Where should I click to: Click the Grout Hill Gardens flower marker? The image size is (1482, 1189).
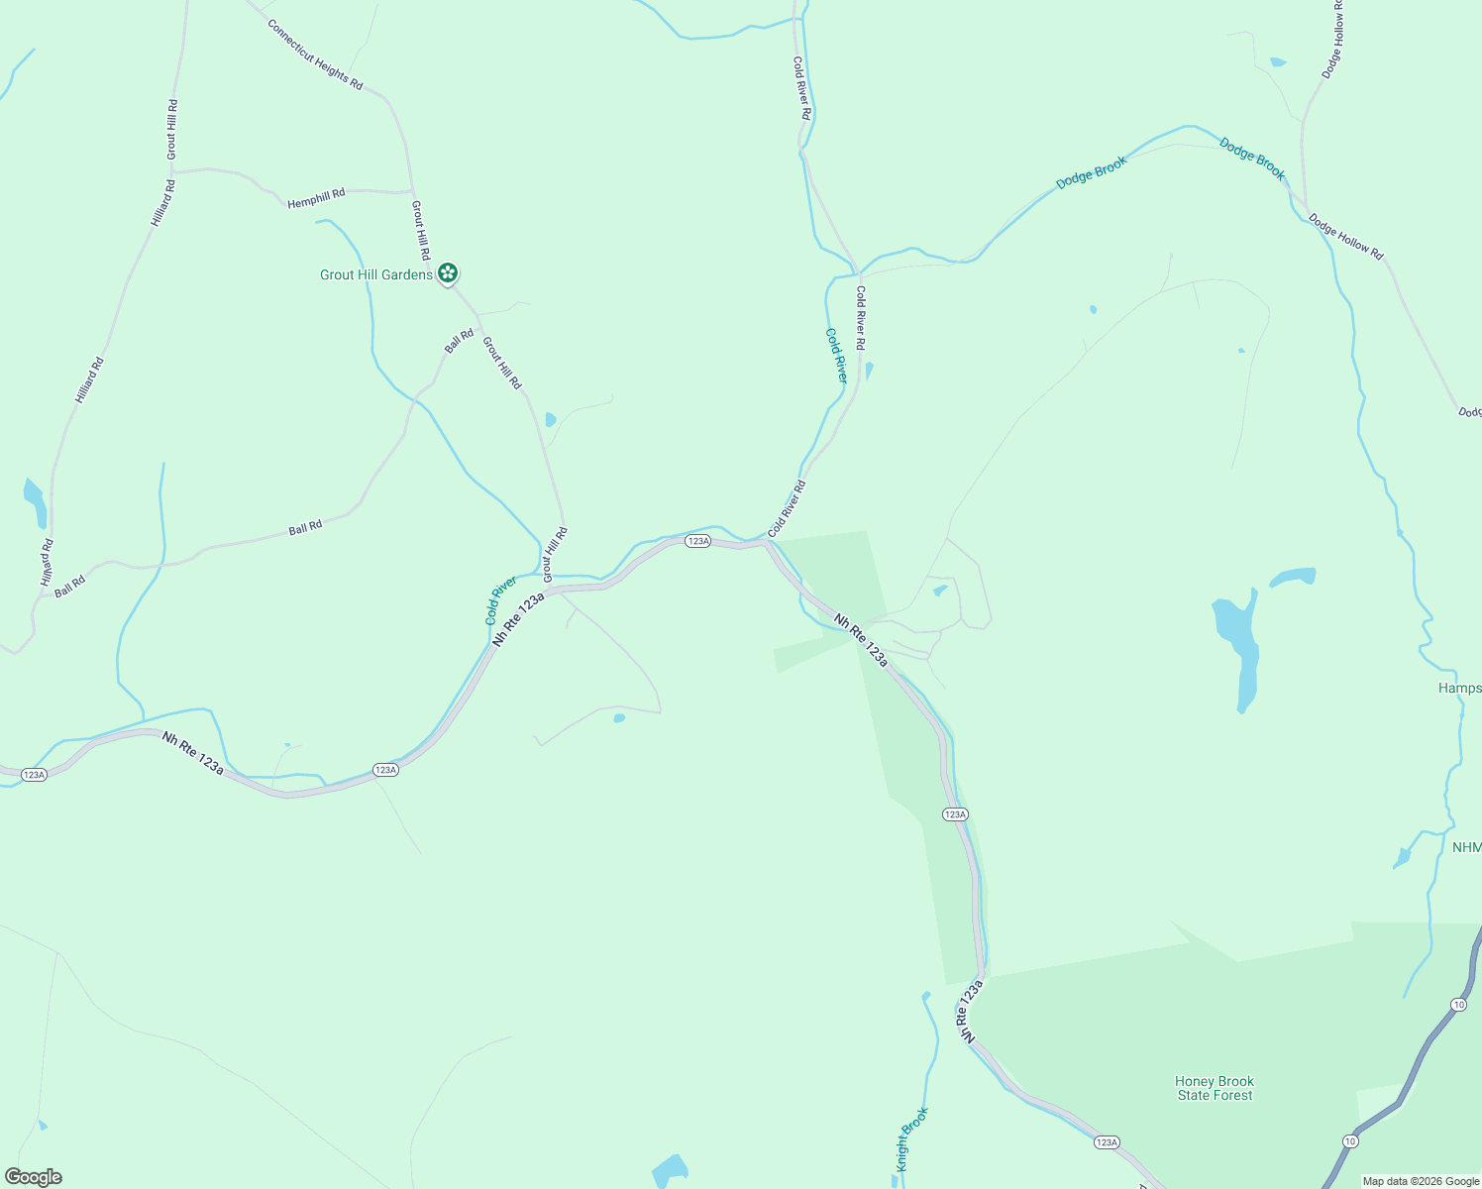pos(448,272)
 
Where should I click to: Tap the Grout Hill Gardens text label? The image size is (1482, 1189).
pos(376,274)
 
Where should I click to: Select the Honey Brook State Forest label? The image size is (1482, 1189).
pos(1215,1088)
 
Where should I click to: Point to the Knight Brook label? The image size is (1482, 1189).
pos(912,1138)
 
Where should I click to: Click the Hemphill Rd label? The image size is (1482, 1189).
pos(316,198)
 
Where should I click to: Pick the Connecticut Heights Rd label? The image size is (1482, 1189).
pos(315,54)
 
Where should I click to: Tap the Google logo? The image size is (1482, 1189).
pos(34,1177)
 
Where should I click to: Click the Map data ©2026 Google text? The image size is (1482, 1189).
pos(1421,1181)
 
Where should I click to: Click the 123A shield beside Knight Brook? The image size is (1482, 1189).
pos(1108,1142)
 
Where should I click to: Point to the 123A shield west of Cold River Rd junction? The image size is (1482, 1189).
pos(698,541)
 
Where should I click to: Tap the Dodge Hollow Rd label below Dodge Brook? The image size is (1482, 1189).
pos(1345,237)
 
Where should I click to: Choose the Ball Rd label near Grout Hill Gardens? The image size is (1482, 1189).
pos(460,341)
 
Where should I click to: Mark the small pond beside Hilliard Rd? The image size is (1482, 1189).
pos(35,502)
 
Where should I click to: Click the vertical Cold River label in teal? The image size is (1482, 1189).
pos(837,356)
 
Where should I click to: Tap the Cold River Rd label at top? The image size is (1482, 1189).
pos(801,88)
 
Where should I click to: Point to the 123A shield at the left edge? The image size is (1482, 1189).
pos(34,774)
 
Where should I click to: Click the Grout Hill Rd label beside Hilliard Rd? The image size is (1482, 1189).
pos(172,129)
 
